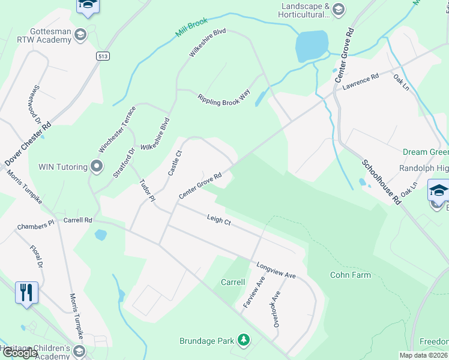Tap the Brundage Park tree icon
(x=243, y=341)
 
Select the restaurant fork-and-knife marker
(x=26, y=293)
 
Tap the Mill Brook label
(x=192, y=28)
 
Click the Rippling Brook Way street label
(x=224, y=98)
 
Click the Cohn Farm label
(x=351, y=275)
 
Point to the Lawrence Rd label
(x=361, y=82)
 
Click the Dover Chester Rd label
(x=28, y=145)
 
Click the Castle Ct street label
(x=174, y=163)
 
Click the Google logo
(x=20, y=352)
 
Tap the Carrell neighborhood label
(x=233, y=282)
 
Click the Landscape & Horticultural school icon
(x=339, y=8)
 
